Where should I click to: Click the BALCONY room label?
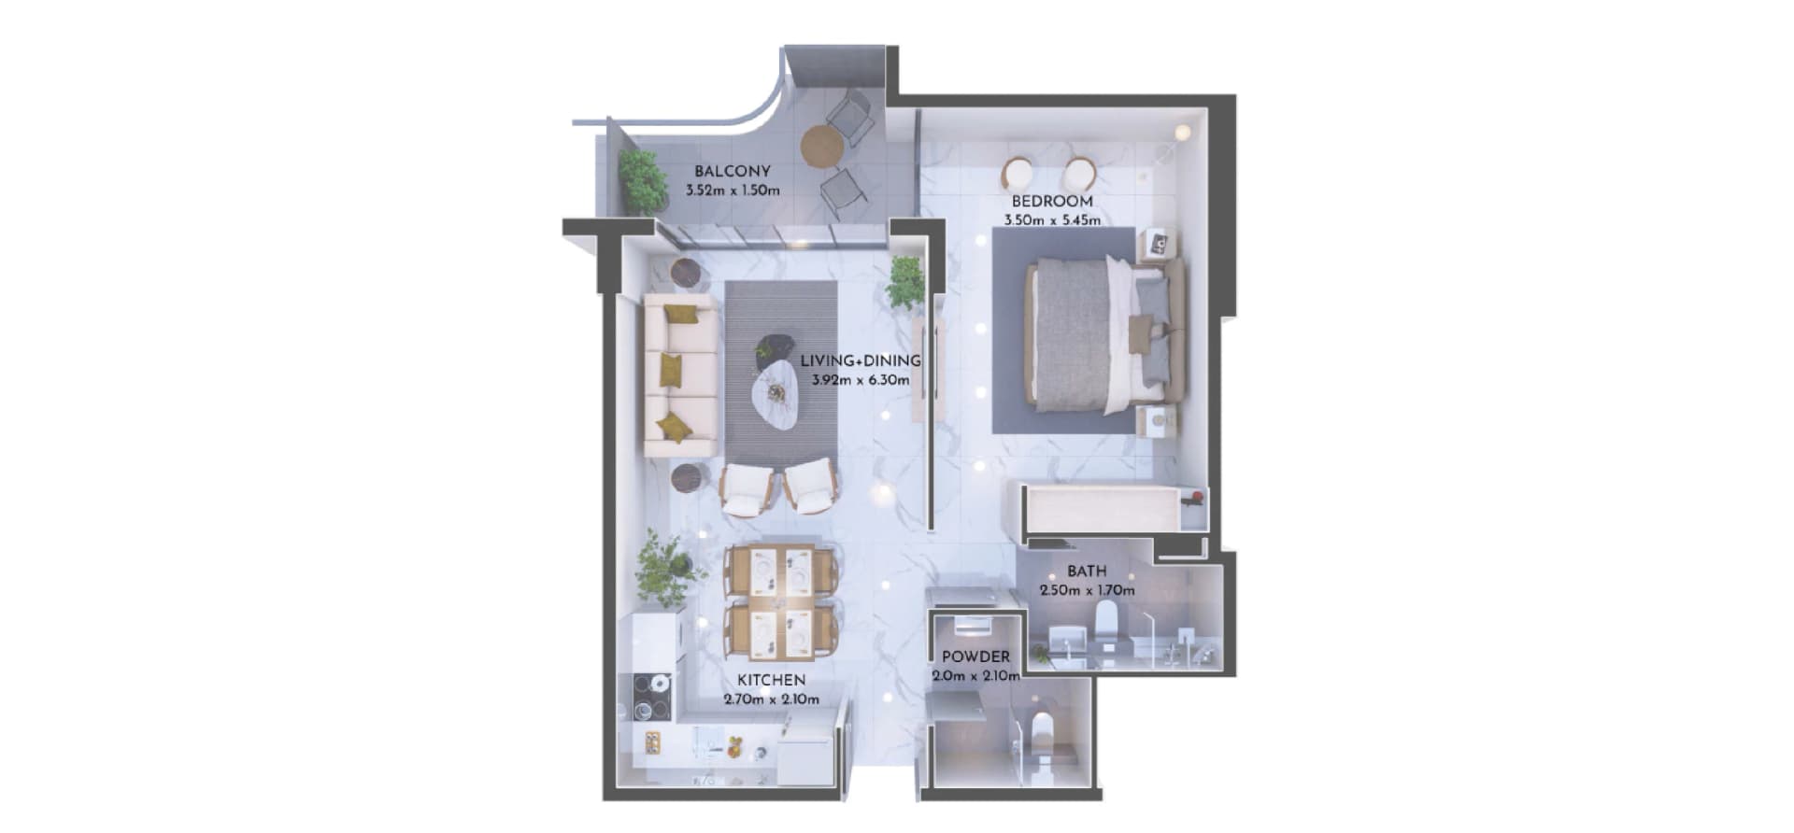click(732, 172)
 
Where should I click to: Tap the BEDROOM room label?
click(1052, 202)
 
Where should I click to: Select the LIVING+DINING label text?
click(860, 360)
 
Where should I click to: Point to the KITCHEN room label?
click(771, 680)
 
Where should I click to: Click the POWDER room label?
click(975, 657)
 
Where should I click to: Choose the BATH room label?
click(1087, 571)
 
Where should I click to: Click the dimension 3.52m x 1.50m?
click(733, 191)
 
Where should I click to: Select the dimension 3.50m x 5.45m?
click(1052, 221)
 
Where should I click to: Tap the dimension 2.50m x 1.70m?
click(1088, 590)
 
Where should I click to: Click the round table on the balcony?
click(822, 146)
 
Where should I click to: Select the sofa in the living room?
click(681, 375)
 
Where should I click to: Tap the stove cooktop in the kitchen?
click(651, 697)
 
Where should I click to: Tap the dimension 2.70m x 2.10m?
click(772, 699)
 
